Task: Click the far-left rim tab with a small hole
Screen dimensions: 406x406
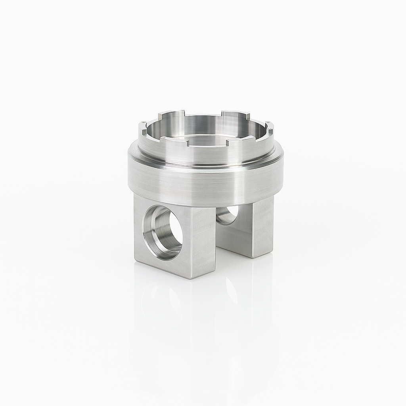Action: pos(142,126)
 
